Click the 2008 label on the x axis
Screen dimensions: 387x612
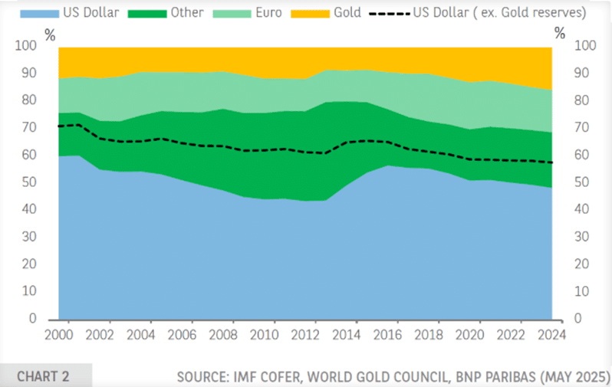click(x=224, y=334)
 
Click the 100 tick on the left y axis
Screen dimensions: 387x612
click(x=25, y=46)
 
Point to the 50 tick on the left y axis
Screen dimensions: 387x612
click(x=28, y=182)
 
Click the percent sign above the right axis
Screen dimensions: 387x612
click(x=561, y=33)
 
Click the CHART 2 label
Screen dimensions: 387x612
click(x=43, y=376)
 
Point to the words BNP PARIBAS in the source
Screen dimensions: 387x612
click(x=489, y=376)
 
